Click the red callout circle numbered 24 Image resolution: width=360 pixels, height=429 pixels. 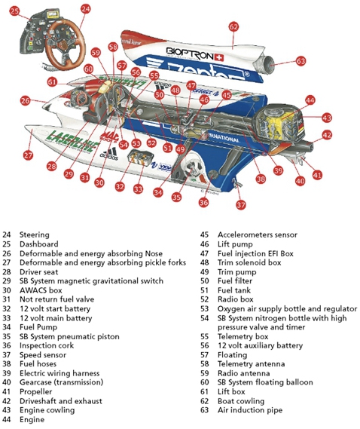click(85, 10)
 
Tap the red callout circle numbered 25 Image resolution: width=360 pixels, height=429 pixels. click(14, 12)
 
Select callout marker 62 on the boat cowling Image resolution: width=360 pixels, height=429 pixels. click(233, 26)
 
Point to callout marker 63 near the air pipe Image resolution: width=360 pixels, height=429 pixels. click(301, 60)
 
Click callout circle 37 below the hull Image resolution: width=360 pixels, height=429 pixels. click(241, 204)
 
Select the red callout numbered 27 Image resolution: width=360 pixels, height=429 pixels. click(28, 155)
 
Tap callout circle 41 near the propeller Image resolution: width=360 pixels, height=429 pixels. click(317, 175)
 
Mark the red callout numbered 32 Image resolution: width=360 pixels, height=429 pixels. click(120, 185)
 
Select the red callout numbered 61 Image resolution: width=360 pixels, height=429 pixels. click(51, 81)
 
